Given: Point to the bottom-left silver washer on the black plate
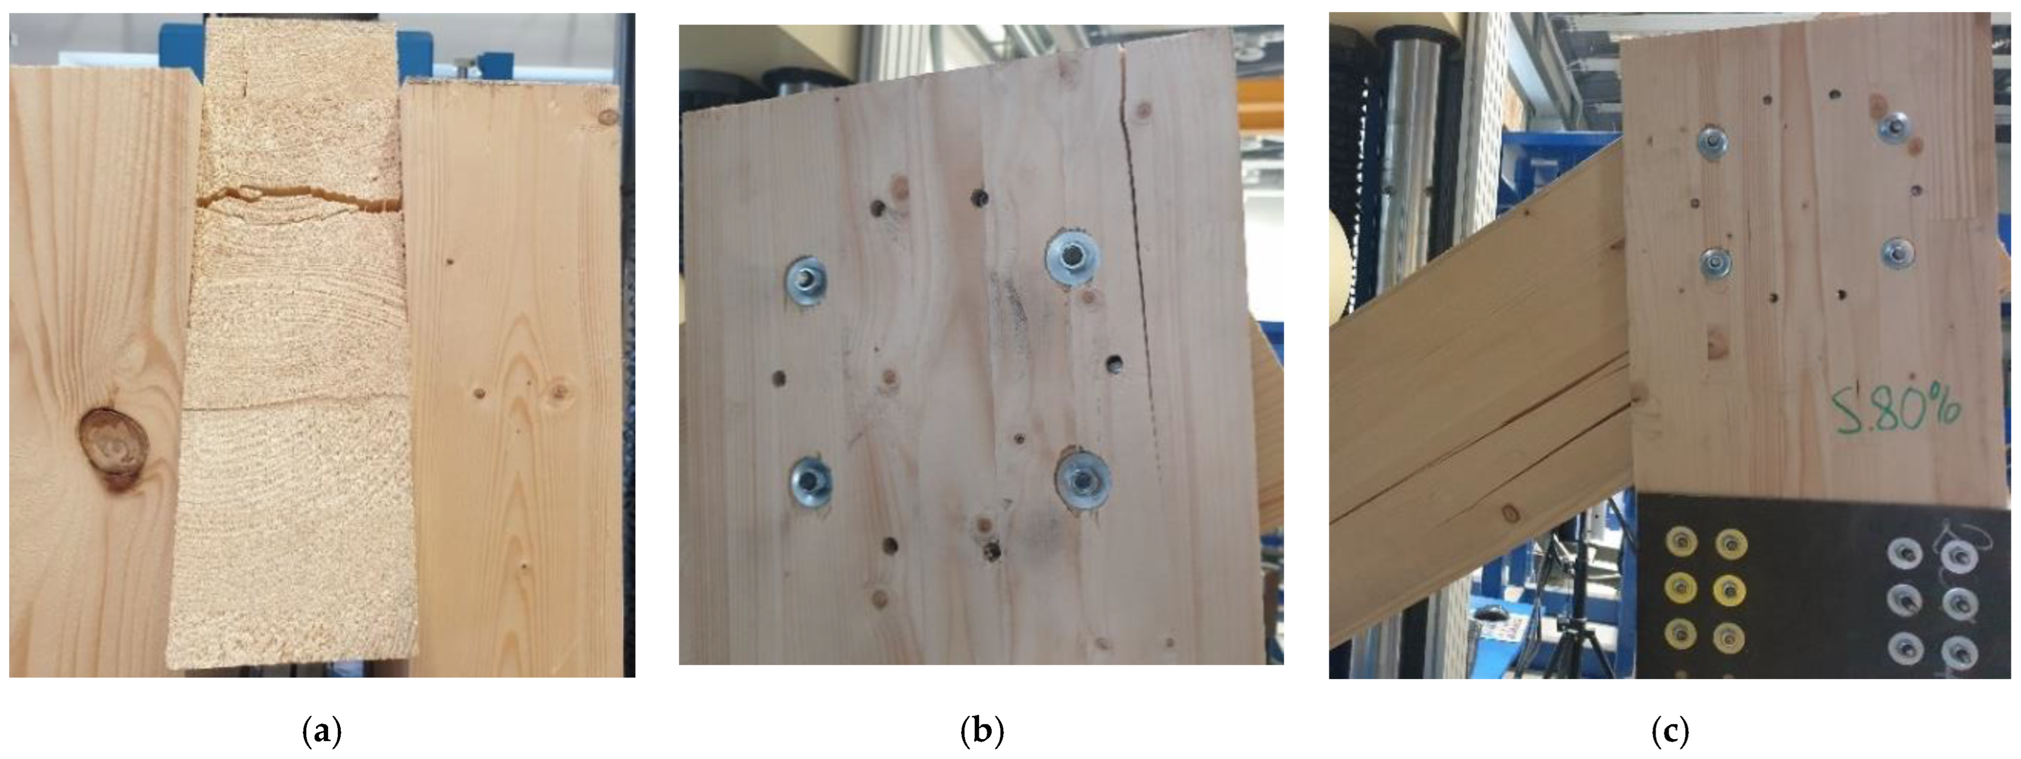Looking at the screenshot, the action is point(1905,647).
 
